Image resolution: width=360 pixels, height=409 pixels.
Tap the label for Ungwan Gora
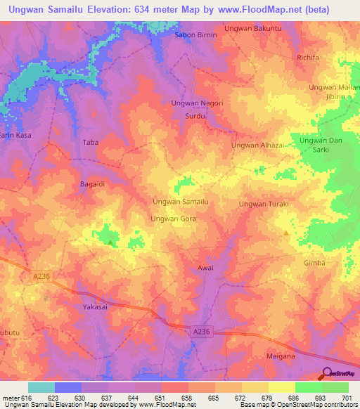(x=173, y=219)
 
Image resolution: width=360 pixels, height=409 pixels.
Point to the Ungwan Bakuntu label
(x=252, y=28)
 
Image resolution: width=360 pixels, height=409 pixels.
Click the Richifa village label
(x=308, y=58)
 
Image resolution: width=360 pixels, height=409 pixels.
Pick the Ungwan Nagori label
(x=197, y=103)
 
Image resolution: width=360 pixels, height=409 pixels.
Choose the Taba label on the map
(x=91, y=142)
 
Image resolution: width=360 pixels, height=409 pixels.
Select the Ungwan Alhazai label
(x=257, y=145)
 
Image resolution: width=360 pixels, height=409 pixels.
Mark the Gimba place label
(x=314, y=262)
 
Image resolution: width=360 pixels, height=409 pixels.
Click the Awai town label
(x=205, y=268)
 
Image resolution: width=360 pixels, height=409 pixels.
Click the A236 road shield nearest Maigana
(x=201, y=329)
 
